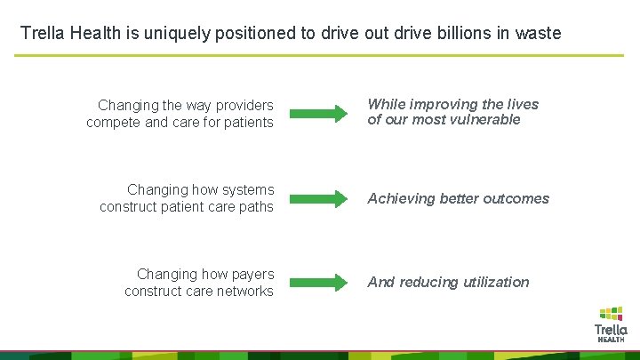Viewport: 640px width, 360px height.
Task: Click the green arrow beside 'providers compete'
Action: (319, 113)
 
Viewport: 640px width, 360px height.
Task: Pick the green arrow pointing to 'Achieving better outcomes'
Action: (319, 198)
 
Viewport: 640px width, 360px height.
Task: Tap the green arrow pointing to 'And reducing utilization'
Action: (319, 283)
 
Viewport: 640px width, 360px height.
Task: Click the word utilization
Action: (491, 283)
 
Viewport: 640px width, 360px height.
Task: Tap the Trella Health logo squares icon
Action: (611, 313)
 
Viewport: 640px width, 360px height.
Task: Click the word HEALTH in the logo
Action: (611, 340)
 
